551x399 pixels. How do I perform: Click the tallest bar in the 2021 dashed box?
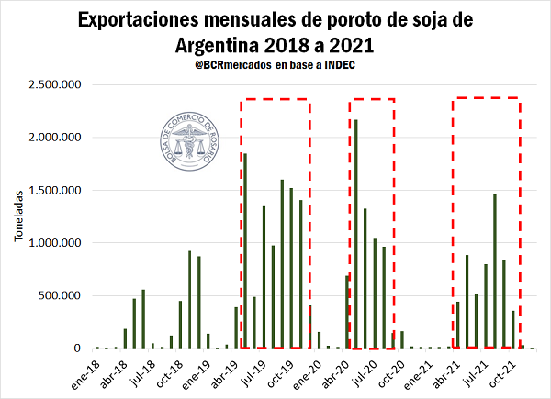494,271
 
